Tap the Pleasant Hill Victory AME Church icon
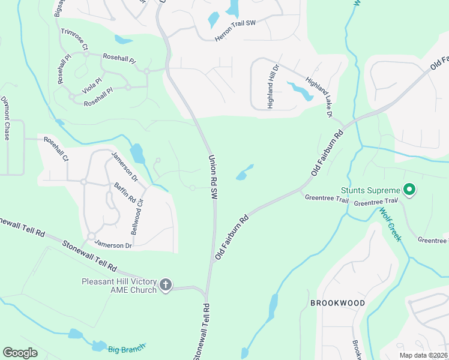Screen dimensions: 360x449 (x=165, y=284)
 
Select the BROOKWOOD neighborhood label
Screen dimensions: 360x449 (x=337, y=303)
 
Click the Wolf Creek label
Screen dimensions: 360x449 (x=390, y=225)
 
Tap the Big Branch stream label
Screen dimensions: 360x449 (x=127, y=349)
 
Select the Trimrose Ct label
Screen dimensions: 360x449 (x=74, y=39)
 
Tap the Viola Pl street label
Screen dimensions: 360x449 (x=92, y=85)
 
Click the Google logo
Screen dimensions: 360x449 (x=20, y=353)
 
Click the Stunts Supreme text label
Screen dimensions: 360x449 (x=370, y=190)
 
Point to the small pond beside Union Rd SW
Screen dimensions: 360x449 (x=244, y=174)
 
